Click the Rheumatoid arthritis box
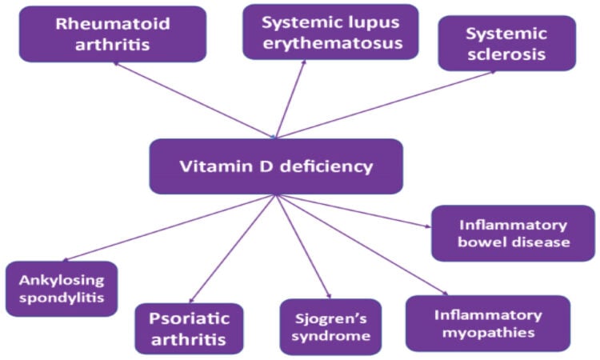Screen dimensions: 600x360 pos(113,34)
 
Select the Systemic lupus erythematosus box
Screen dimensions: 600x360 pos(330,32)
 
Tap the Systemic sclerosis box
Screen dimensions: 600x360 pos(507,43)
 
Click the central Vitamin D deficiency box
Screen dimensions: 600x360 pos(276,166)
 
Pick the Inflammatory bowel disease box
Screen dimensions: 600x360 pos(513,234)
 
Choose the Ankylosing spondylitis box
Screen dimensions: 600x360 pos(62,289)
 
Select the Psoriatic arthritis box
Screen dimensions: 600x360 pos(189,329)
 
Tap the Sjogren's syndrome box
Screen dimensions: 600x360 pos(330,327)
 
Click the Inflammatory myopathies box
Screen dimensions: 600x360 pos(488,323)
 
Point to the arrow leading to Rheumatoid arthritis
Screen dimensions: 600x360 pos(194,99)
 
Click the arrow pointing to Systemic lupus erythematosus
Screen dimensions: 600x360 pos(291,98)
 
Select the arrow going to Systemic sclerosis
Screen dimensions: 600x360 pos(386,104)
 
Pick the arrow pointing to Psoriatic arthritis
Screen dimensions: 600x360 pos(233,249)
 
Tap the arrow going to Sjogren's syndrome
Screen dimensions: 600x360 pos(303,246)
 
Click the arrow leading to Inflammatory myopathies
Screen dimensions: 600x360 pos(362,245)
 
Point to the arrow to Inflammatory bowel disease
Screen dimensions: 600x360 pos(353,210)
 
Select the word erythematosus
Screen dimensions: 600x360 pos(333,44)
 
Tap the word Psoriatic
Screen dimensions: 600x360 pos(189,318)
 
